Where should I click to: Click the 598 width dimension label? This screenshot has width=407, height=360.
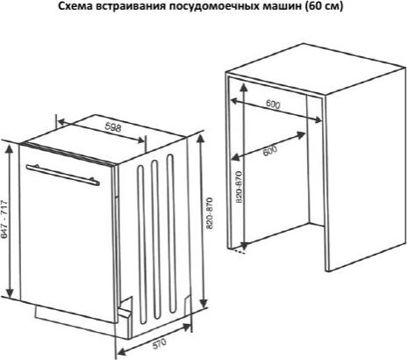112,127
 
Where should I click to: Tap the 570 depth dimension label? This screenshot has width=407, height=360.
160,343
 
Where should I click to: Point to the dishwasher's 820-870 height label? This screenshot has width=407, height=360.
210,213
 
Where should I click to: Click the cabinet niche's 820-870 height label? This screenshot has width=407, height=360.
239,187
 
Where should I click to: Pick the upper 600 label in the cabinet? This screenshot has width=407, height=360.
273,104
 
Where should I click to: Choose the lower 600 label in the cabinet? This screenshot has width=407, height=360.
270,150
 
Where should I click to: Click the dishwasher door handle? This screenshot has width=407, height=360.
62,175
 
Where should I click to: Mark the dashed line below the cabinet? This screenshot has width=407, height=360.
238,251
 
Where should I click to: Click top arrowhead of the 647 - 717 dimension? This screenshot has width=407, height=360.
10,149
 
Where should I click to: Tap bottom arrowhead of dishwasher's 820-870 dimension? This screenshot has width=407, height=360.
203,303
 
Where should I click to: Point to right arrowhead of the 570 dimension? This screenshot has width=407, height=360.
186,328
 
